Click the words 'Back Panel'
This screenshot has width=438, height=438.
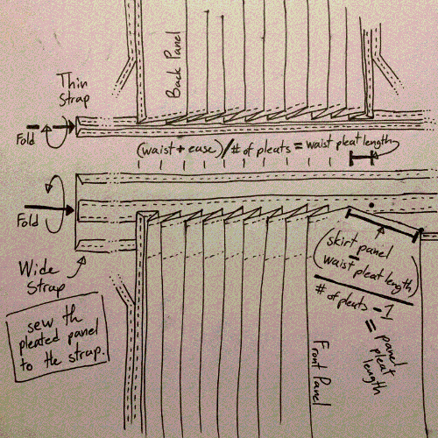point(173,65)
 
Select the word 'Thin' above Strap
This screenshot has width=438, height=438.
point(73,81)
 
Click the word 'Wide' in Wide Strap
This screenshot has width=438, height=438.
point(38,269)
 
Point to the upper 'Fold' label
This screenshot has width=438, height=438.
point(25,139)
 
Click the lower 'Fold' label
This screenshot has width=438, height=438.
point(27,220)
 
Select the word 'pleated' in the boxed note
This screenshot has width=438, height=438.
point(39,343)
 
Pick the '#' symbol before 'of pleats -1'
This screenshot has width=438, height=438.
point(321,290)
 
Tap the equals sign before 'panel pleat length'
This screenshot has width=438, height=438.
point(371,326)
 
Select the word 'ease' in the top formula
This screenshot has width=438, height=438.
point(201,149)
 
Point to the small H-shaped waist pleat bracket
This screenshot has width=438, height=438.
point(362,158)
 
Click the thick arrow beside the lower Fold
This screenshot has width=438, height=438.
point(49,209)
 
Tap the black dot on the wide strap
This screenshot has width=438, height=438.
point(371,205)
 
